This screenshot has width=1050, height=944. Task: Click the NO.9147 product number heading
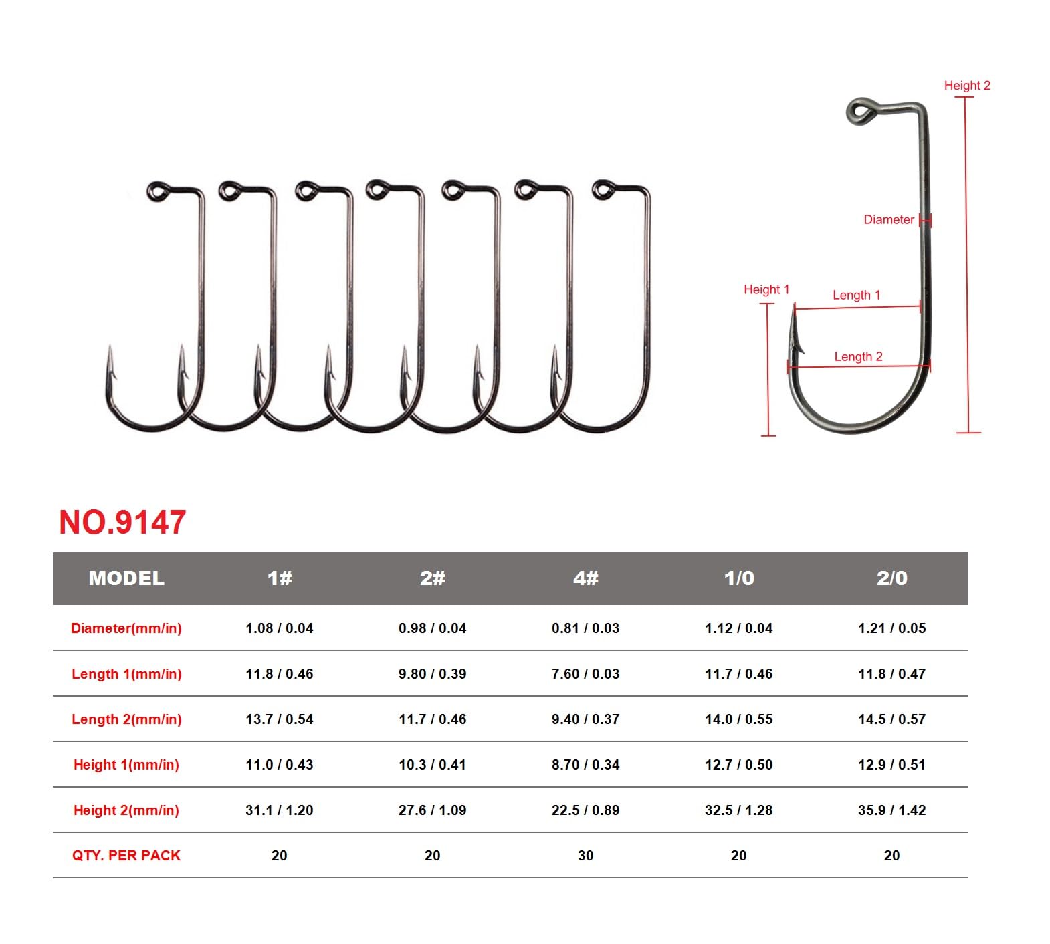[x=122, y=522]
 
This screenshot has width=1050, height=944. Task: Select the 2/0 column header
[x=891, y=578]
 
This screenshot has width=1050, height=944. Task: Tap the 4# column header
[x=585, y=578]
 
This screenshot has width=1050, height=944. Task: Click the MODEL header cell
[x=126, y=578]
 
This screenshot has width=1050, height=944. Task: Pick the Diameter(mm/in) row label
[x=126, y=628]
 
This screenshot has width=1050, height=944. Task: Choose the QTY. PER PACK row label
[x=126, y=856]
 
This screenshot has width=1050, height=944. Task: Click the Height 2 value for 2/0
[x=891, y=810]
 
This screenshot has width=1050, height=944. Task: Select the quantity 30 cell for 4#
[x=585, y=856]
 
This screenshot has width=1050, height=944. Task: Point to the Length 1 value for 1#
[x=279, y=674]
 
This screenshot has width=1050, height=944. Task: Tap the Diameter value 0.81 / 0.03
[x=585, y=628]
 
